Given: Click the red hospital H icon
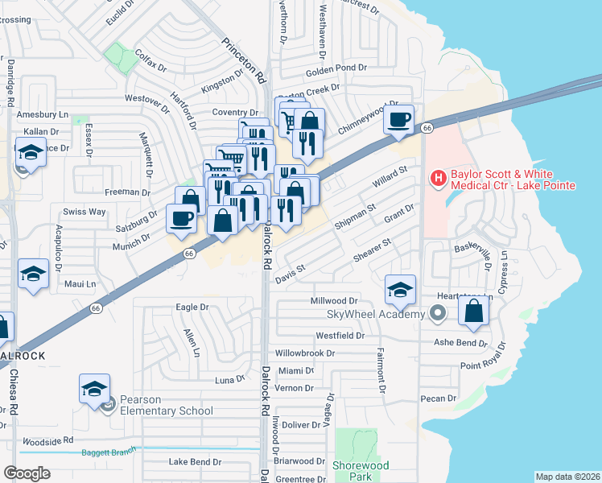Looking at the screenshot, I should (x=439, y=177).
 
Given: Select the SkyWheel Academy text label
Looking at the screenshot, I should (x=374, y=313).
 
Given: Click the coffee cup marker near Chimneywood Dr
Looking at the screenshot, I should (x=398, y=121).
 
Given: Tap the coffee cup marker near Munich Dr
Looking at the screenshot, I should (x=182, y=219).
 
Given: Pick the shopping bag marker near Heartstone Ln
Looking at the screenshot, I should (x=475, y=311).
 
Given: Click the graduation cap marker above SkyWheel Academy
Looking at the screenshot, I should (x=400, y=290).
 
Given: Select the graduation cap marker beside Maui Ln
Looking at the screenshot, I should (x=33, y=275).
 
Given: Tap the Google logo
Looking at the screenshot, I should (x=27, y=473).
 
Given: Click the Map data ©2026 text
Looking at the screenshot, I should (x=567, y=477).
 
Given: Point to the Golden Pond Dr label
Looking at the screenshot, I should (x=336, y=69).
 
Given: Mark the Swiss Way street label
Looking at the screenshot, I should (x=85, y=212).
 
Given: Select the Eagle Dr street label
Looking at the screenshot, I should (x=192, y=307).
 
